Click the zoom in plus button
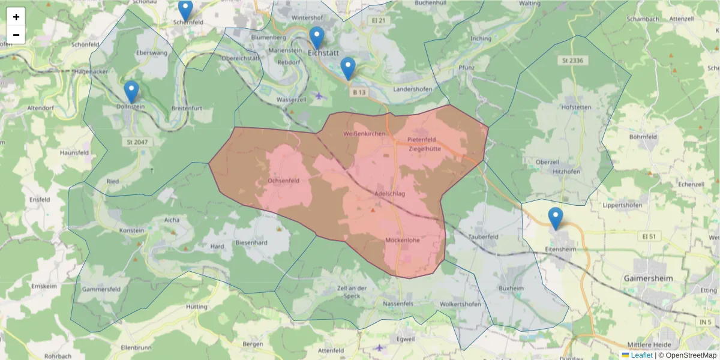(x=16, y=17)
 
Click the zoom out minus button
(x=16, y=35)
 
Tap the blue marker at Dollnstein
(x=131, y=92)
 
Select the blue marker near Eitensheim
(x=556, y=218)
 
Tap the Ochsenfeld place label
(x=283, y=180)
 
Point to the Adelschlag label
(x=389, y=194)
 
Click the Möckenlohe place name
(x=402, y=240)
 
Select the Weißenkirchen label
(x=364, y=133)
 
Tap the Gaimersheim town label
(x=649, y=278)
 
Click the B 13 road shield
(x=359, y=92)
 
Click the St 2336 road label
(x=573, y=61)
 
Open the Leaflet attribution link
(x=641, y=355)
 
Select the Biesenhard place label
(x=251, y=243)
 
